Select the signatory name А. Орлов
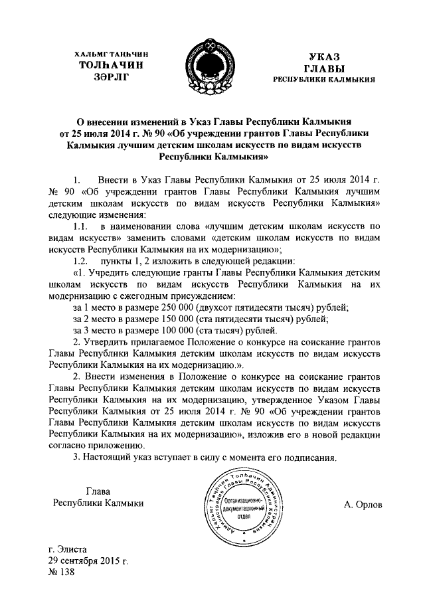point(363,504)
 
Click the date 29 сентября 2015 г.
point(87,562)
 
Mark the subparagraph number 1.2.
point(82,260)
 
